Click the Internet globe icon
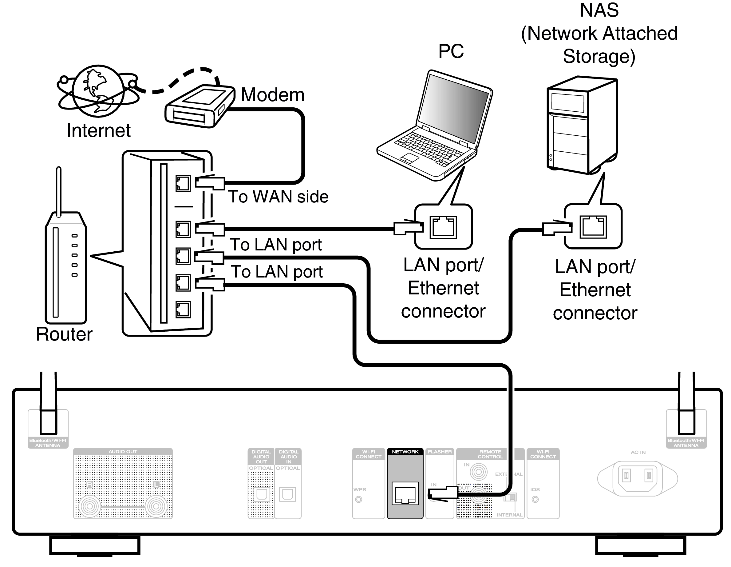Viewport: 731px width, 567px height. click(x=98, y=91)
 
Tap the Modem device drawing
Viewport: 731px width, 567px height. click(x=200, y=107)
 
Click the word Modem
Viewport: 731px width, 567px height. click(x=272, y=95)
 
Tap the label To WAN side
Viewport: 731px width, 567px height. click(x=278, y=197)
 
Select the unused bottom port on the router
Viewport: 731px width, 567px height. click(x=183, y=309)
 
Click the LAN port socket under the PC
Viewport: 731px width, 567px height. click(x=443, y=227)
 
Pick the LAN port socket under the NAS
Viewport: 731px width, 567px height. click(x=593, y=227)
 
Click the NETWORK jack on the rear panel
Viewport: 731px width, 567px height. click(x=405, y=493)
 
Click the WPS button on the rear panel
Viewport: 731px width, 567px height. click(x=358, y=499)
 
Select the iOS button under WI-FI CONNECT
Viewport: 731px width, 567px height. click(x=535, y=499)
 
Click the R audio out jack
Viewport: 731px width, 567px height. click(x=89, y=506)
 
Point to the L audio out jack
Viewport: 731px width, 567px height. click(x=156, y=506)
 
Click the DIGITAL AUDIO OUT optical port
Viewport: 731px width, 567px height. click(x=261, y=494)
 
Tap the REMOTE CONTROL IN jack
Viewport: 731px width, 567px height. click(x=478, y=472)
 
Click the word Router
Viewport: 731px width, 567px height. click(x=64, y=334)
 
